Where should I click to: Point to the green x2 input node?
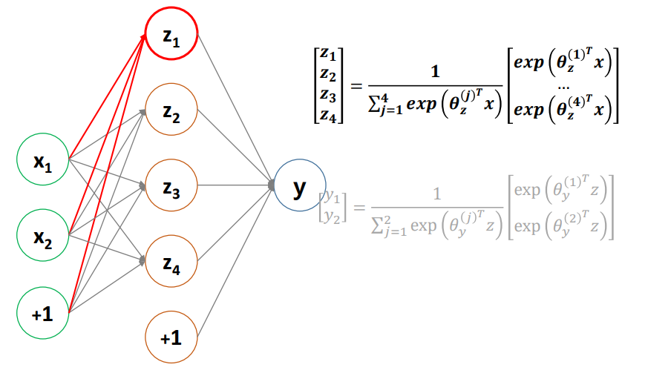click(x=43, y=235)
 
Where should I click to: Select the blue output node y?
click(x=299, y=186)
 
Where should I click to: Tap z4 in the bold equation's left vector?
click(x=327, y=115)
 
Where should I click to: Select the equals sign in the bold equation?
click(x=356, y=85)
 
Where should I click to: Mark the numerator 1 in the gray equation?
click(x=436, y=194)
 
